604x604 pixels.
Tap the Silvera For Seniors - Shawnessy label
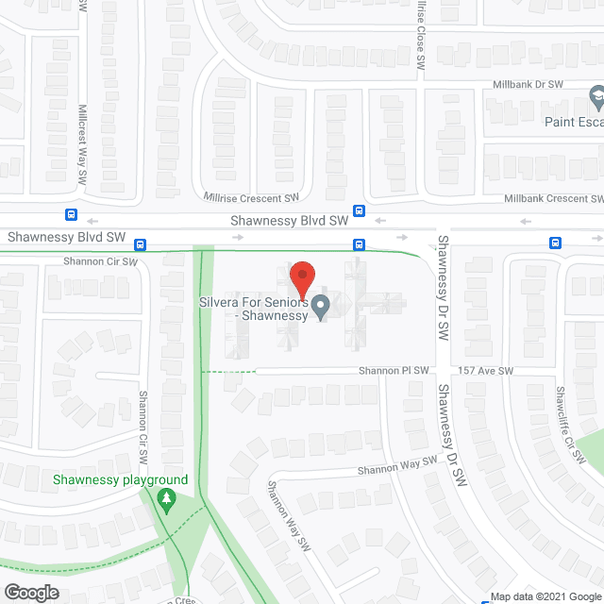252,310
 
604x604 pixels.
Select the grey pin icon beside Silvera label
321,307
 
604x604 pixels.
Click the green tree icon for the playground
167,498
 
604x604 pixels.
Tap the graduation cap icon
596,96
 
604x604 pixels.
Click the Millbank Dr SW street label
528,85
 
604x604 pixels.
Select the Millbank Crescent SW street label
553,199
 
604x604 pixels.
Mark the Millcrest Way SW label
83,143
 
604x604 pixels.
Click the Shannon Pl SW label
394,371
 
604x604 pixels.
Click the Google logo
30,592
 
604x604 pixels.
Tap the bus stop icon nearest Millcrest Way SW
71,214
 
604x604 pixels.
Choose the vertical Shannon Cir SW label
144,427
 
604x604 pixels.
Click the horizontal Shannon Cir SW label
99,261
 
